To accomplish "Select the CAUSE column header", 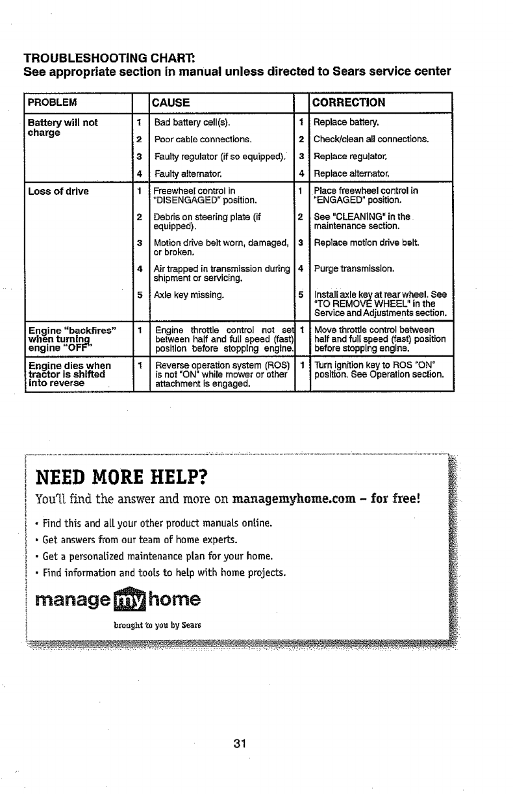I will pos(170,103).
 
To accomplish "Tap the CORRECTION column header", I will pos(349,103).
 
